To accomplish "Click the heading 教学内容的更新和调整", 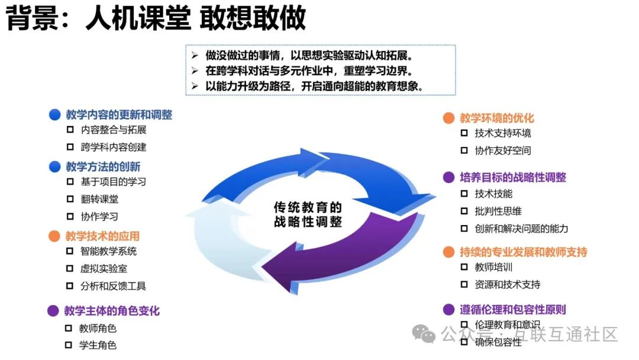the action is [x=119, y=115].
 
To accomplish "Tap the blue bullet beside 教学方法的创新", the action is [x=54, y=166].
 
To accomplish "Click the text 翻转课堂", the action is [x=99, y=199].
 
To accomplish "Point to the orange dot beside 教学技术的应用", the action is [x=54, y=236].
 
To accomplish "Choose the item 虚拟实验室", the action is [x=104, y=268].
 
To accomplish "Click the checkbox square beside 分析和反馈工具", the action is [x=70, y=286].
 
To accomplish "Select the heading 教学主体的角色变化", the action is [x=112, y=311].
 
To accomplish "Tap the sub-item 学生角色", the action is [x=98, y=345].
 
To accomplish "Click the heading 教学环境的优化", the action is [x=497, y=118].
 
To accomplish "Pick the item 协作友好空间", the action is [x=503, y=150].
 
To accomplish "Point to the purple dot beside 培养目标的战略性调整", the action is [x=449, y=177].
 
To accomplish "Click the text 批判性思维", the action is [x=498, y=211].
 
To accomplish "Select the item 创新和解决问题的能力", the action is [x=521, y=229].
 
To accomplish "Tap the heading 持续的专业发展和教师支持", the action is [x=524, y=252].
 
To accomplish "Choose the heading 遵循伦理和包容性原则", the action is [x=513, y=309].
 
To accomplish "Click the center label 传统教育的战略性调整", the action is [x=308, y=214].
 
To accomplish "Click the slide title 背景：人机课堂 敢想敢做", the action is [x=156, y=18].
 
